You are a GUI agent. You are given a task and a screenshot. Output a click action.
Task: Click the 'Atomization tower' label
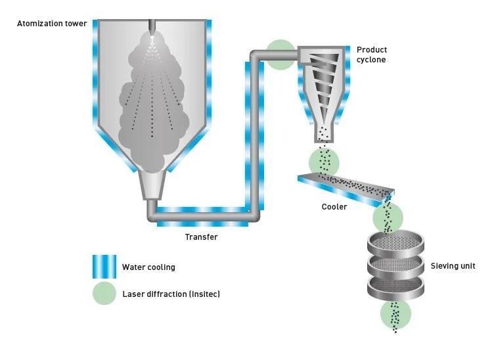[52, 24]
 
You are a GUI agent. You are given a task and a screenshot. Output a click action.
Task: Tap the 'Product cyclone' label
[372, 55]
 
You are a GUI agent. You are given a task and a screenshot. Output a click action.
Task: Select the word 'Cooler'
[334, 207]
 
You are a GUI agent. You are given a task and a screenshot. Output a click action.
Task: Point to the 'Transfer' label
[201, 237]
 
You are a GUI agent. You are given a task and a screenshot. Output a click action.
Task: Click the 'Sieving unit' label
[453, 266]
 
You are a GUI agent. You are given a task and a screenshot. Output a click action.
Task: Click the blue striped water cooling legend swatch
[104, 267]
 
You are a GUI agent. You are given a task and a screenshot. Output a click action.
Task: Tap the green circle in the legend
[104, 294]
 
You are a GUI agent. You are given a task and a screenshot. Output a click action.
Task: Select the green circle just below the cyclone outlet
[324, 162]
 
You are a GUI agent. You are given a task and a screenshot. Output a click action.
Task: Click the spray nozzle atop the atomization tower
[152, 30]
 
